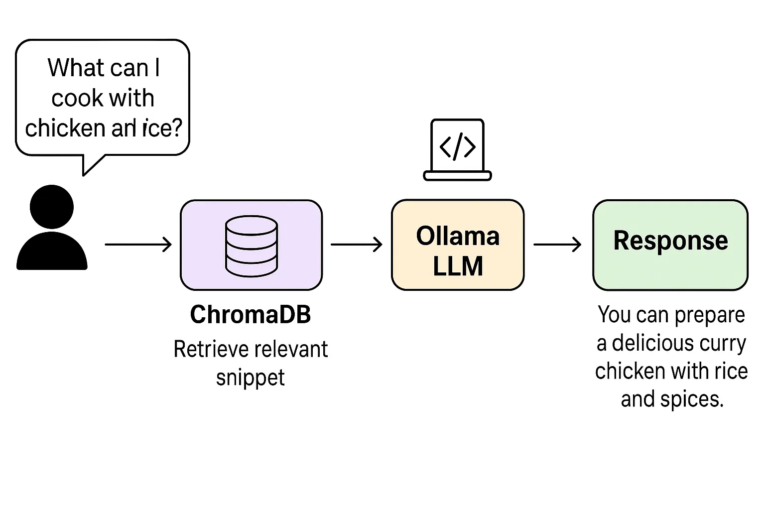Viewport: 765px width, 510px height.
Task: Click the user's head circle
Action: pos(52,207)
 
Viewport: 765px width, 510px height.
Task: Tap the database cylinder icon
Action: pos(252,246)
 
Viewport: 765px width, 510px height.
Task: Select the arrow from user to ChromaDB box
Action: pos(138,245)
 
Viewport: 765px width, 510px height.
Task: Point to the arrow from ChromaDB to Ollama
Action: pos(356,245)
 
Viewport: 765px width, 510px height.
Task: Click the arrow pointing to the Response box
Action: pos(557,245)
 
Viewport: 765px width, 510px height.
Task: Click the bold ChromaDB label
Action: pos(251,315)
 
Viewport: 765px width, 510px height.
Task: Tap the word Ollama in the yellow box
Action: pos(458,236)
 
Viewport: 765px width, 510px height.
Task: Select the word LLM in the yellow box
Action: pos(458,266)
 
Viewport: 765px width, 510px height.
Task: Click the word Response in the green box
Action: pos(670,241)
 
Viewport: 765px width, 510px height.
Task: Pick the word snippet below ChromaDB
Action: pos(251,378)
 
